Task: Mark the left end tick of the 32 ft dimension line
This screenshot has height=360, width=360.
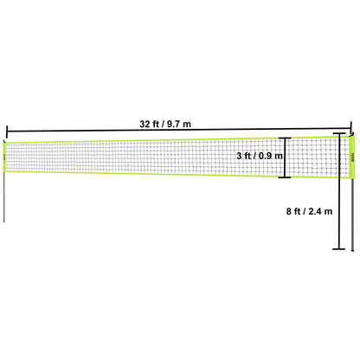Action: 7,130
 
